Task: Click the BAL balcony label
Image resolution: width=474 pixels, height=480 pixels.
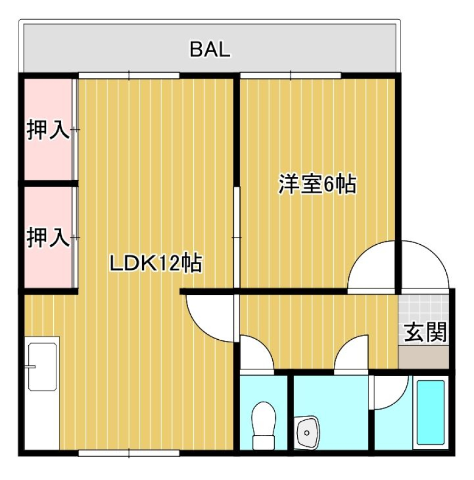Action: tap(210, 49)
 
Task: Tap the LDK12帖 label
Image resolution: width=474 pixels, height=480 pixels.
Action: tap(156, 263)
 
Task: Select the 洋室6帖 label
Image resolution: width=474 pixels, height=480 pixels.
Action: tap(317, 185)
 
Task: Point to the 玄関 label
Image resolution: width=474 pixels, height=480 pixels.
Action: tap(425, 332)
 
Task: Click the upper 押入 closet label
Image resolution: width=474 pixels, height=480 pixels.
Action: tap(48, 130)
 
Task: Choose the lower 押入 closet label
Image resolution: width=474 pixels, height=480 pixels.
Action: tap(48, 237)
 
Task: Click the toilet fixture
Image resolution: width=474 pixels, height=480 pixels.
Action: tap(264, 426)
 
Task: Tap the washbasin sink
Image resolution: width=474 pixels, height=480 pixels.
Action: tap(307, 432)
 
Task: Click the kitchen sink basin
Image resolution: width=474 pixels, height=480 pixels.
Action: tap(42, 367)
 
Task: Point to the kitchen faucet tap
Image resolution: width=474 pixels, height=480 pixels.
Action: tap(31, 367)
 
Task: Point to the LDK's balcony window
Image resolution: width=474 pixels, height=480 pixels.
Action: tap(129, 75)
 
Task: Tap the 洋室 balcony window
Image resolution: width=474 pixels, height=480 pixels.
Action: tap(290, 75)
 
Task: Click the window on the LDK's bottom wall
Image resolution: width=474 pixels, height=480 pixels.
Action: tap(129, 453)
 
